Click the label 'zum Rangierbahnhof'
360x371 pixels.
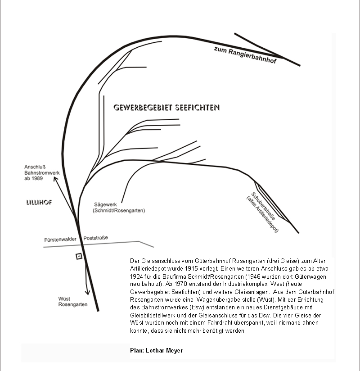click(x=245, y=54)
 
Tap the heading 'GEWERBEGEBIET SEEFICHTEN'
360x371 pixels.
click(x=166, y=108)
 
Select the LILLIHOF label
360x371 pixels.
click(x=39, y=203)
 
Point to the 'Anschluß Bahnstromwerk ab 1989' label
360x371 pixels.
click(x=40, y=173)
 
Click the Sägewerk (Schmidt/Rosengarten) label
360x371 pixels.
click(x=119, y=207)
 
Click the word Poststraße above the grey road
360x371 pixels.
click(x=96, y=238)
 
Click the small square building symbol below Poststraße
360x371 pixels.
click(x=79, y=256)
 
